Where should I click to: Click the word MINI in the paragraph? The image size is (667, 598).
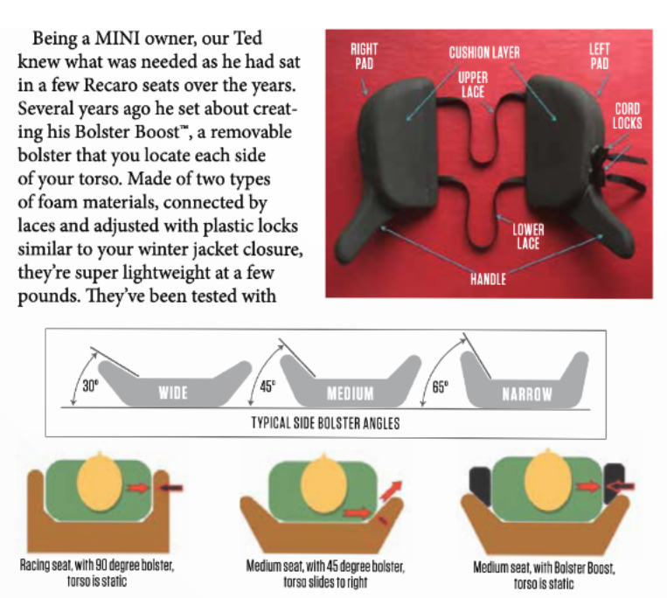117,38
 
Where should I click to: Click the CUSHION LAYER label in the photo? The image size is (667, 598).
484,52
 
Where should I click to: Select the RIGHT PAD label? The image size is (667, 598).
365,56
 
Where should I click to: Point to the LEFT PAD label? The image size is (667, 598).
600,56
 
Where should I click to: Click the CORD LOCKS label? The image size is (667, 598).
628,115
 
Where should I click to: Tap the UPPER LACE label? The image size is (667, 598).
473,85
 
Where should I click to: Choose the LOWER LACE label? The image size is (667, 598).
528,236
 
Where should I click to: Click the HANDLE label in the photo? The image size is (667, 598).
489,279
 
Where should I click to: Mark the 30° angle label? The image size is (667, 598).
90,386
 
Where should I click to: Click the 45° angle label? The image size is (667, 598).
267,386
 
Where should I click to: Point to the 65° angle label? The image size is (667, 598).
441,387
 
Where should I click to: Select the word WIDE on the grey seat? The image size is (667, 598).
173,393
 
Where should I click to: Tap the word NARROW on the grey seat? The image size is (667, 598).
527,394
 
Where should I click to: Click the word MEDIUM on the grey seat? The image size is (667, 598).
350,393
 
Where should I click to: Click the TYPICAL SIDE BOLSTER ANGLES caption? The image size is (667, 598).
325,423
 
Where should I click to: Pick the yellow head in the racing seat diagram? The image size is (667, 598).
101,482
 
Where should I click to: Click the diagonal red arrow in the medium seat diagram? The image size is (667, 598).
391,490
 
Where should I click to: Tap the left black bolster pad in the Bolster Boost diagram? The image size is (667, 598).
480,486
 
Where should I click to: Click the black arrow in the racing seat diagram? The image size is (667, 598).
171,488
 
